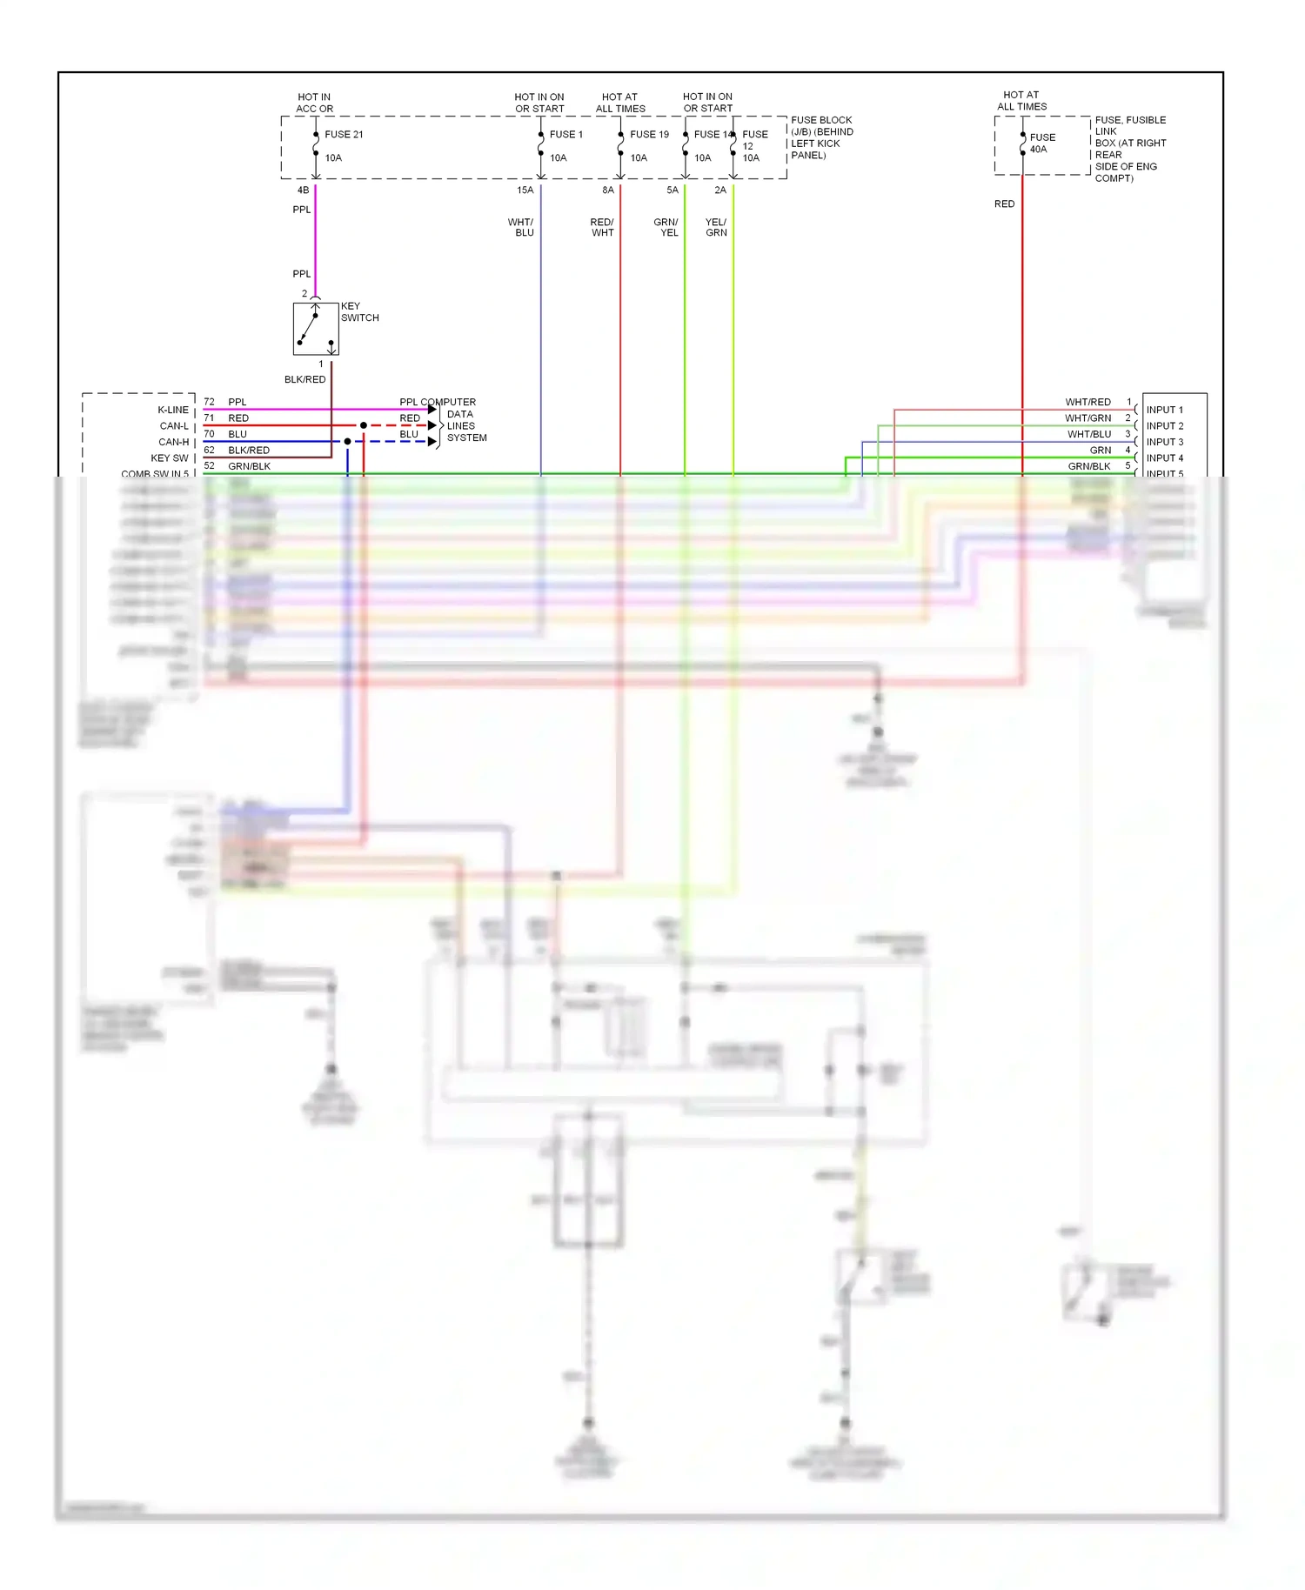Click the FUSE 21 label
coord(344,135)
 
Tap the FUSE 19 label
coord(649,135)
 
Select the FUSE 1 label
coord(566,135)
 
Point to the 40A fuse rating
coord(1039,150)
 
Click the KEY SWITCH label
coord(359,312)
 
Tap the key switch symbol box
coord(315,329)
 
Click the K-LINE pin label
coord(172,410)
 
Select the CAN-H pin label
coord(173,442)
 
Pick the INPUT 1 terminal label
coord(1164,410)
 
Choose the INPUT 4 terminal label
coord(1164,458)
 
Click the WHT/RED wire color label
coord(1087,402)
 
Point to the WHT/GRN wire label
coord(1087,418)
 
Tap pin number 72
coord(209,402)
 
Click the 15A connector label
coord(525,190)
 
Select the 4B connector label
coord(303,190)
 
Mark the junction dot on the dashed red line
coord(363,425)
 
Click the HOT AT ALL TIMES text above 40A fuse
coord(1021,101)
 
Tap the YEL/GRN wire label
coord(716,228)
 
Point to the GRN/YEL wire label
coord(666,228)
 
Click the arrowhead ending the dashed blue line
coord(432,442)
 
